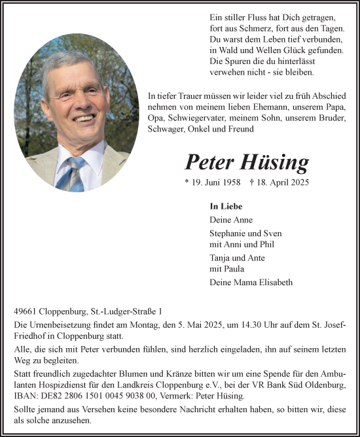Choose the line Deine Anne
pyautogui.click(x=231, y=220)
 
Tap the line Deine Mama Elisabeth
pyautogui.click(x=251, y=283)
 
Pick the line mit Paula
pyautogui.click(x=226, y=269)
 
